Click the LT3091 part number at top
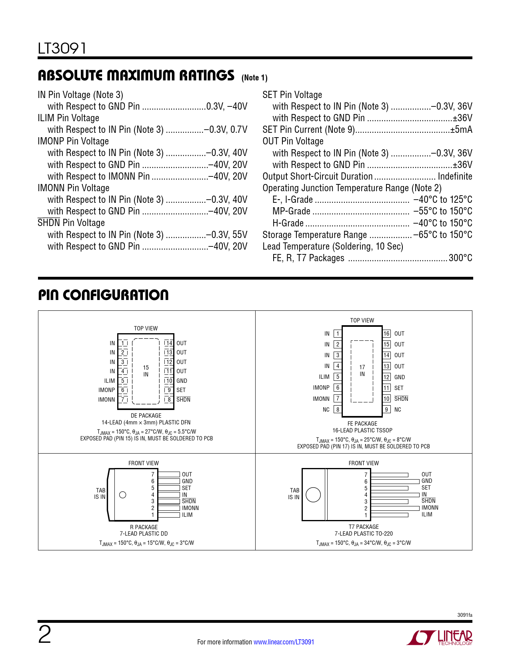(x=62, y=48)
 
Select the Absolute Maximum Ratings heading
(x=136, y=76)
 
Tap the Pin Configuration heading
(x=103, y=295)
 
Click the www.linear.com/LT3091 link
(x=284, y=642)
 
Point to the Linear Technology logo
(x=440, y=638)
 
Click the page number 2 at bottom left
(x=44, y=635)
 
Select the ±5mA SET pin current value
(x=461, y=130)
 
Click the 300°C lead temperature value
(x=460, y=258)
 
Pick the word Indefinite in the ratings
(x=455, y=176)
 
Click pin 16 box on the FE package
(x=386, y=334)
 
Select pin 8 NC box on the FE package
(x=338, y=410)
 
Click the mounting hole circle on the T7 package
(x=313, y=495)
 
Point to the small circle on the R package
(x=123, y=495)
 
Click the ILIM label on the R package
(x=187, y=515)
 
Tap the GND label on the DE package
(x=182, y=381)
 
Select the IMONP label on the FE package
(x=321, y=388)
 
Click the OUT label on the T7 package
(x=426, y=474)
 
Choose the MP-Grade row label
(x=291, y=211)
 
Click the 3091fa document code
(x=464, y=615)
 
